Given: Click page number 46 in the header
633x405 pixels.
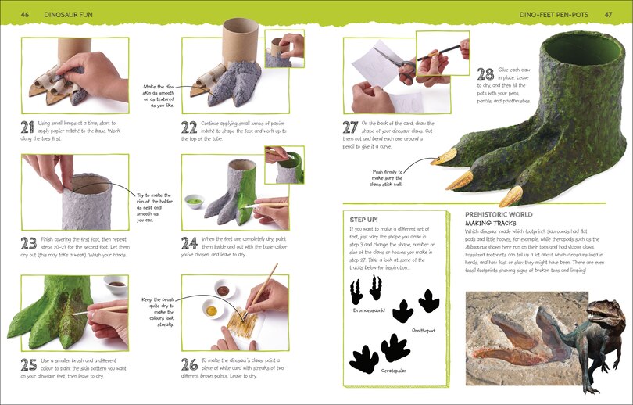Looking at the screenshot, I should point(25,13).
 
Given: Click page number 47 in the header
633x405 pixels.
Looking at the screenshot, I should point(608,13).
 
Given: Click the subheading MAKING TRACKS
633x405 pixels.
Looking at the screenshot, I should point(491,223).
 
